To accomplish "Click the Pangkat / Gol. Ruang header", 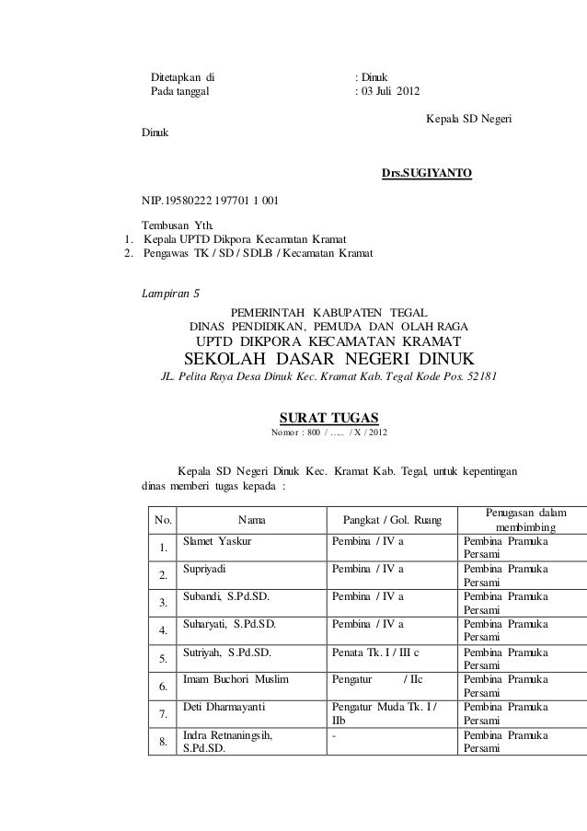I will tap(391, 521).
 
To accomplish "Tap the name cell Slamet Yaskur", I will tap(218, 542).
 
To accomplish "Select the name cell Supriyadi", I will tap(212, 570).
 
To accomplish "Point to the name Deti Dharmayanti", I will tap(225, 708).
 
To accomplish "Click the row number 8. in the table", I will tap(163, 743).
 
